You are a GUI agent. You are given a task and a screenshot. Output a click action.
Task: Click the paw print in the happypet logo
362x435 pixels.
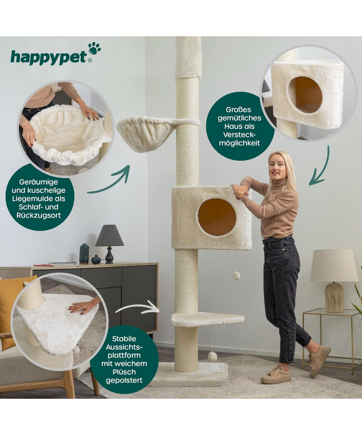pos(94,48)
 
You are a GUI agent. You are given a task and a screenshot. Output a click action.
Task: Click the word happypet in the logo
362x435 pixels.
pos(49,57)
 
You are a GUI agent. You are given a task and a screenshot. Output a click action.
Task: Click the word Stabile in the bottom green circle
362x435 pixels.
pos(124,339)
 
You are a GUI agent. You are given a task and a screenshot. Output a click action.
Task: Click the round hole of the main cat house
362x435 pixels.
pos(217,217)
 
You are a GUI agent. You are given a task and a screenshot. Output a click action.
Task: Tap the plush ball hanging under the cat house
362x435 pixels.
pos(236,275)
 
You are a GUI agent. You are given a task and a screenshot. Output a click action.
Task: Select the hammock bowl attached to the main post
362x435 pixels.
pos(146,134)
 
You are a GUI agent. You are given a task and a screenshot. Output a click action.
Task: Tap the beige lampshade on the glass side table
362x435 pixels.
pos(334,266)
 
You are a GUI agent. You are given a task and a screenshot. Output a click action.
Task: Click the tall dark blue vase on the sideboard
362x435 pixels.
pos(84,254)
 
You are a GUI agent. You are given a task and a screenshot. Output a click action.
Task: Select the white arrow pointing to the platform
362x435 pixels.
pos(137,308)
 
